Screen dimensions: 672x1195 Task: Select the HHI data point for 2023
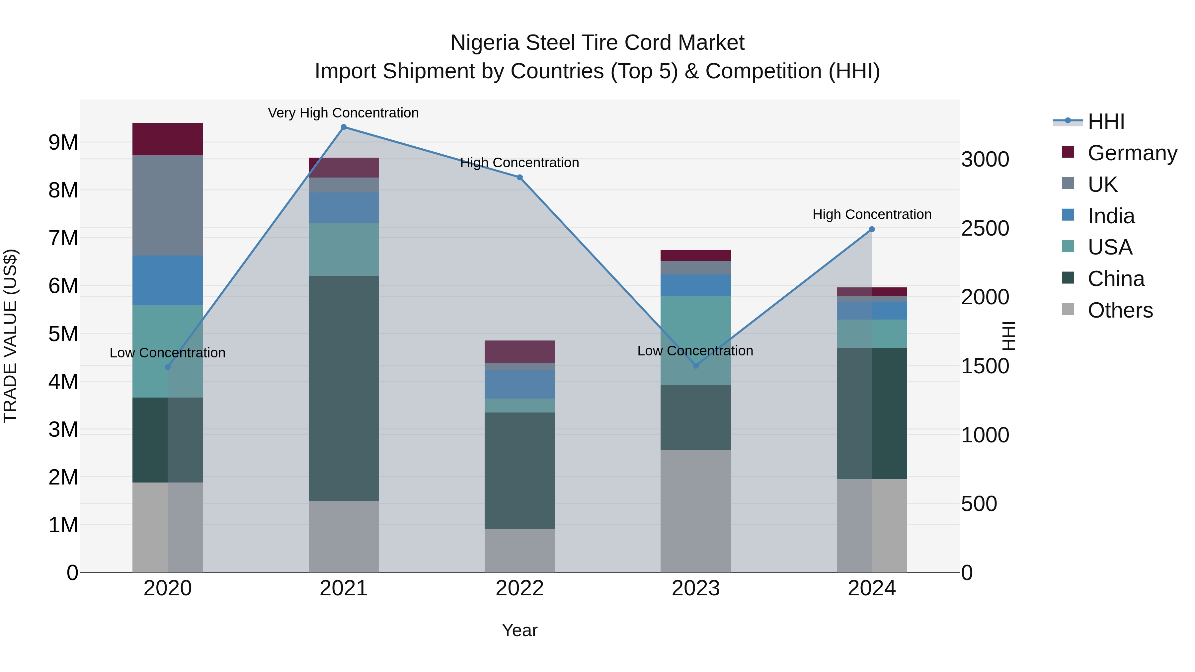pyautogui.click(x=695, y=366)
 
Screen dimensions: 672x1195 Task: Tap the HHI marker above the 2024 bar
pyautogui.click(x=872, y=229)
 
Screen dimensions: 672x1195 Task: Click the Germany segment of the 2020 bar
pyautogui.click(x=168, y=139)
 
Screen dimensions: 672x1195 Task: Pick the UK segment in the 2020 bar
pyautogui.click(x=168, y=205)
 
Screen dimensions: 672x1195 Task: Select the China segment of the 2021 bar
pyautogui.click(x=344, y=388)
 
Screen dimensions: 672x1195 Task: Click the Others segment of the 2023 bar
pyautogui.click(x=695, y=511)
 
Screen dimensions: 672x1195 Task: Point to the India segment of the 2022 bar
pyautogui.click(x=519, y=384)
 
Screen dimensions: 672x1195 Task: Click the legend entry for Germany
pyautogui.click(x=1132, y=153)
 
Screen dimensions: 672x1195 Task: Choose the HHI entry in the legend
pyautogui.click(x=1106, y=121)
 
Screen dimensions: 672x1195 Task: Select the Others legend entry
pyautogui.click(x=1120, y=310)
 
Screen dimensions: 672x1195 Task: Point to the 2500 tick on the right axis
pyautogui.click(x=985, y=228)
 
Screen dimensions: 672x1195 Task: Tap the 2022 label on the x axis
pyautogui.click(x=519, y=588)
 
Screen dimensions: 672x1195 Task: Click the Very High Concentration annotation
pyautogui.click(x=343, y=113)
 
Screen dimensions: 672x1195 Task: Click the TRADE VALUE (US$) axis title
pyautogui.click(x=10, y=336)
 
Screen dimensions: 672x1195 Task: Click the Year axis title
pyautogui.click(x=519, y=630)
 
